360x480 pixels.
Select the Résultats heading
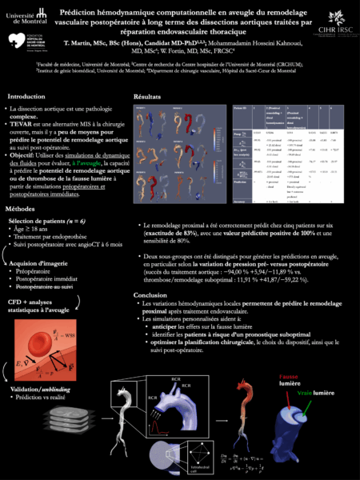pyautogui.click(x=150, y=95)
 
